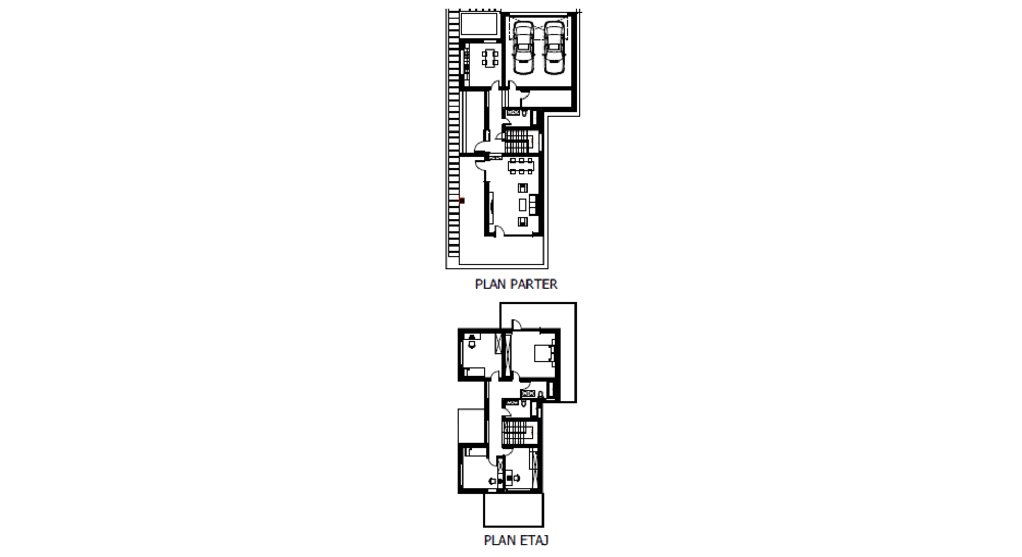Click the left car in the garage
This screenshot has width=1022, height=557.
(523, 47)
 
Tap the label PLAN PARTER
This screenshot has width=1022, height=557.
(516, 284)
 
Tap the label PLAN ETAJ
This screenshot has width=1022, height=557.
(516, 540)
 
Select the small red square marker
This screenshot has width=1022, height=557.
(462, 201)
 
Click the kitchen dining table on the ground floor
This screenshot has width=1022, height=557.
(490, 57)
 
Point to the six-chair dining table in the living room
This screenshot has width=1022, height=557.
(521, 166)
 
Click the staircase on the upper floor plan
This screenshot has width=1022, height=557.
(518, 432)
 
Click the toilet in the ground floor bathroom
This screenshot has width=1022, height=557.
(525, 113)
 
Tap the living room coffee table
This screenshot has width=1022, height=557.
(522, 205)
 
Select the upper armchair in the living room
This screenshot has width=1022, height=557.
(522, 188)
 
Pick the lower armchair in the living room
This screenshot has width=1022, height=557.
(522, 222)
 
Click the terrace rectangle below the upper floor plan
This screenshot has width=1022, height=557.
(513, 510)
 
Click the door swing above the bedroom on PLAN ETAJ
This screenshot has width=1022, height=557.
(516, 324)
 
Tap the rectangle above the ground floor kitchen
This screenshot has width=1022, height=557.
(479, 24)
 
